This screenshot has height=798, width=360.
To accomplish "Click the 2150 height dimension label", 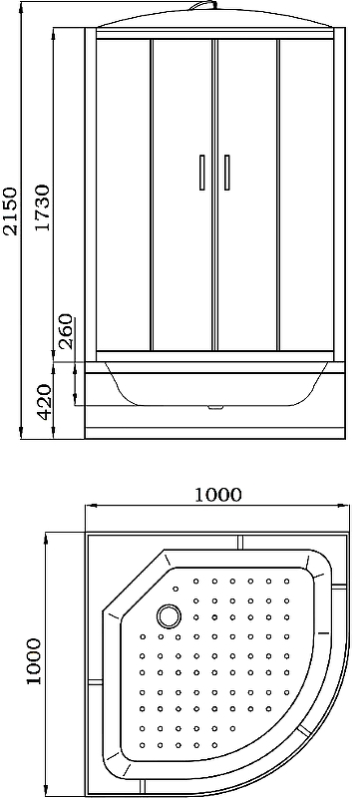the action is [10, 211].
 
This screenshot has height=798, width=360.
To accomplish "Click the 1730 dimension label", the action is [43, 207].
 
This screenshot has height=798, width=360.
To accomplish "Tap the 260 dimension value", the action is [66, 331].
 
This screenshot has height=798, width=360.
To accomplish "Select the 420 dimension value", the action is [44, 402].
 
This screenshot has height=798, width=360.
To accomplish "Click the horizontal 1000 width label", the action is [217, 494].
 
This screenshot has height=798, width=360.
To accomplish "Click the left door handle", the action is [202, 173].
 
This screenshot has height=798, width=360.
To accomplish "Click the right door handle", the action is [226, 173].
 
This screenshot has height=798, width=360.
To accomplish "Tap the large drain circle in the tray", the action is [169, 615].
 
